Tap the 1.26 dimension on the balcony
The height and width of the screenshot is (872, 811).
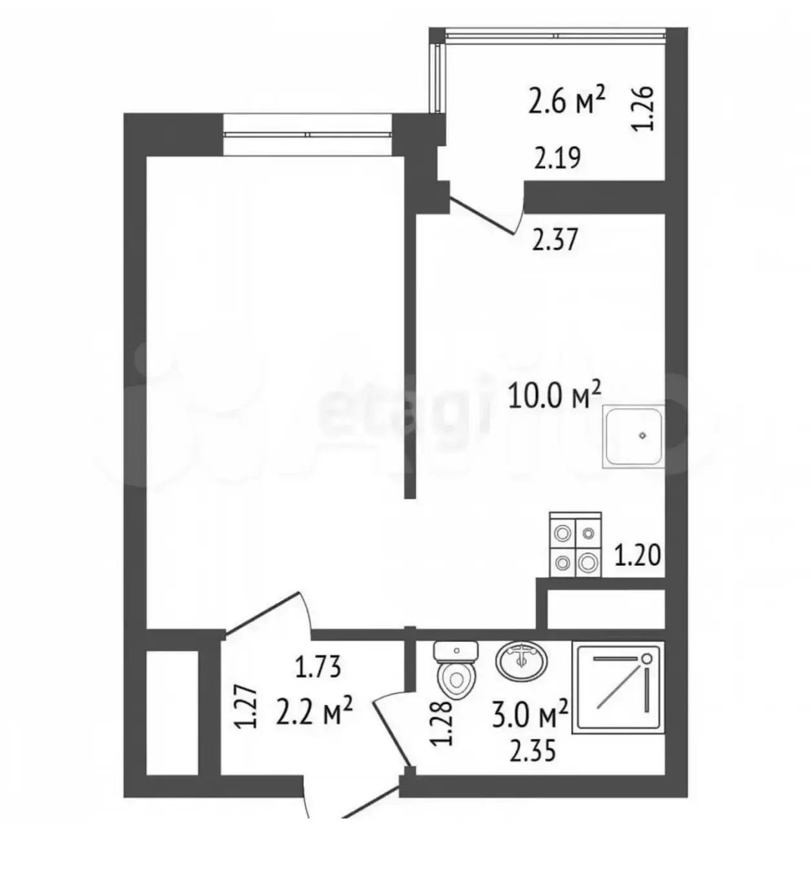[643, 109]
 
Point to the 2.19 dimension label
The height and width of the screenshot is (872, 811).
[557, 158]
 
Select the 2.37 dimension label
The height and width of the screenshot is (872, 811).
[555, 240]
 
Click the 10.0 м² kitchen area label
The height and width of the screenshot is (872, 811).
[554, 395]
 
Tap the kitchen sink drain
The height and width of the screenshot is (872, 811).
[642, 435]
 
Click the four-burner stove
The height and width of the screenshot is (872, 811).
[575, 545]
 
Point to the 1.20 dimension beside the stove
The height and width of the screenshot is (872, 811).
[637, 555]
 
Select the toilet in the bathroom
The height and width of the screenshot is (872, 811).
[456, 670]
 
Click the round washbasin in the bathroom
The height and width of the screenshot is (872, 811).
[522, 662]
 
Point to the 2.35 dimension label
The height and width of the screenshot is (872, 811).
[533, 751]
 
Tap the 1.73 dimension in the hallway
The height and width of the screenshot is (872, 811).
[318, 667]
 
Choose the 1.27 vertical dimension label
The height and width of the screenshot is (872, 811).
[245, 707]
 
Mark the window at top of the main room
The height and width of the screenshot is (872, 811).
[307, 134]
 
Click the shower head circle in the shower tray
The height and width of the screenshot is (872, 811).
[647, 658]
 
